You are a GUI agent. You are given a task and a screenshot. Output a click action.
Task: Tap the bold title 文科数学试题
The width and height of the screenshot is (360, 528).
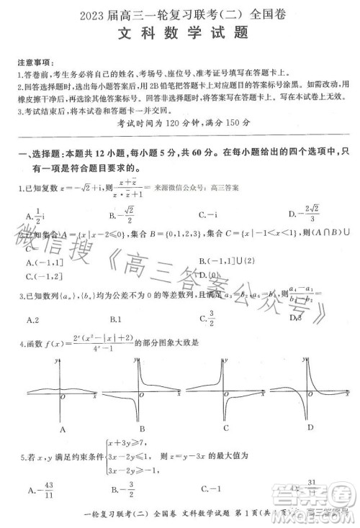179,32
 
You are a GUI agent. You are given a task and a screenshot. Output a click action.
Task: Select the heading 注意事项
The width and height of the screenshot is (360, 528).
32,62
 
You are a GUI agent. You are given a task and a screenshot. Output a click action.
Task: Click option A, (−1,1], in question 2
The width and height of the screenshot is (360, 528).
43,262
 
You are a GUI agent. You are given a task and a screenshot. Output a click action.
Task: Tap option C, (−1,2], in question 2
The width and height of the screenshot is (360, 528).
43,275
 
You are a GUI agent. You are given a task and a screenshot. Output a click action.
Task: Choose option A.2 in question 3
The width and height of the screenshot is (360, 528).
32,319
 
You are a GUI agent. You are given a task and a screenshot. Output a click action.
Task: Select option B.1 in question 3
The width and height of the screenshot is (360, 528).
114,319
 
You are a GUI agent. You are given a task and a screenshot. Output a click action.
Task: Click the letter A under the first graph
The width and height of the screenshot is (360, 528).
64,429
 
